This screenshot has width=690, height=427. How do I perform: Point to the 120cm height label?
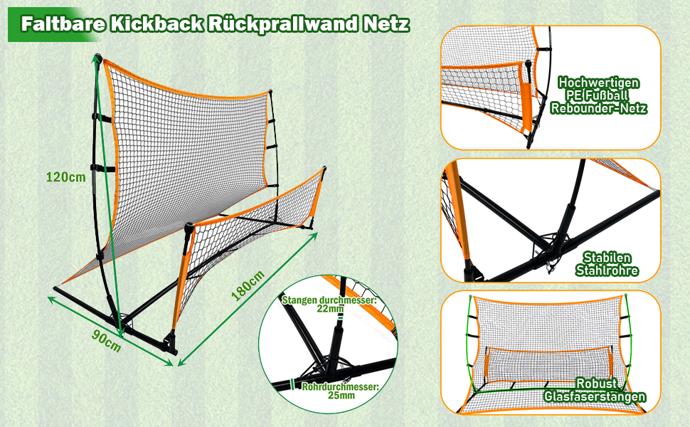tap(65, 177)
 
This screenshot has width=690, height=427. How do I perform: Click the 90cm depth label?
tap(107, 340)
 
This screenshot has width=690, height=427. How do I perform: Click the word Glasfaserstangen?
tap(595, 396)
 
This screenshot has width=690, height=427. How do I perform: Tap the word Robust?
tap(595, 383)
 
